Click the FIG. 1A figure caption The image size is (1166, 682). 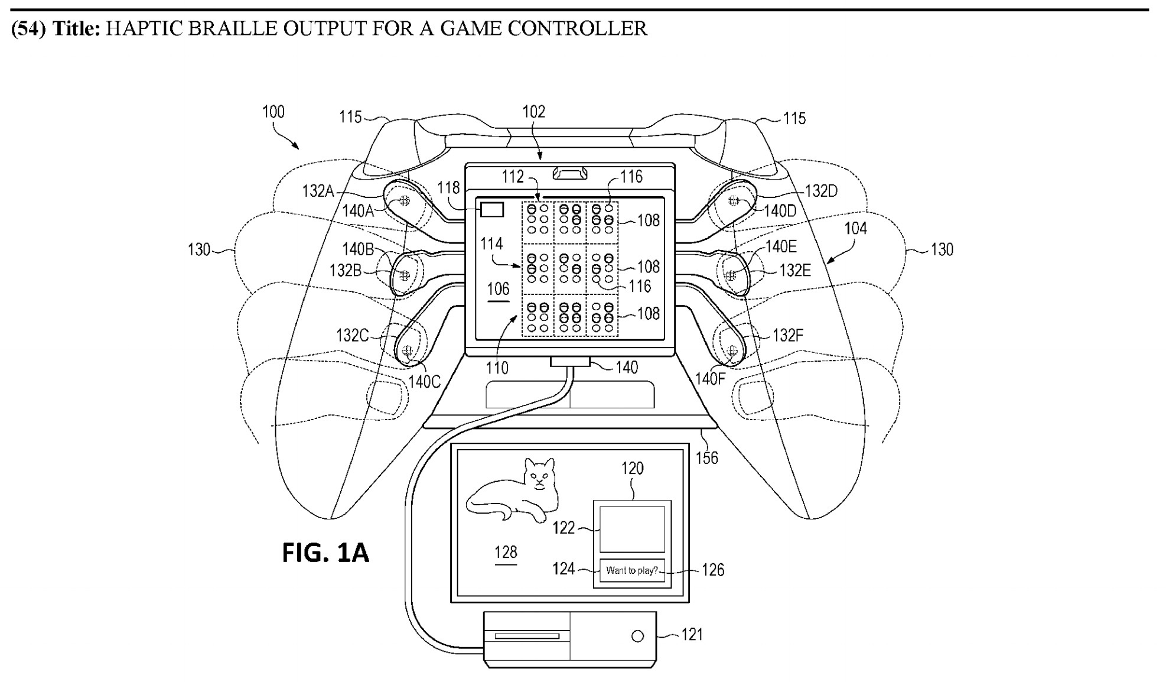coord(325,553)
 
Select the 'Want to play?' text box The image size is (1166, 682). coord(632,570)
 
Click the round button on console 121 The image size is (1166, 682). coord(637,636)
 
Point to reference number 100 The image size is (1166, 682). coord(273,112)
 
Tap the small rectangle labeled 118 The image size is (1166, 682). coord(492,210)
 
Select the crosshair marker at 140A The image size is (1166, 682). coord(405,200)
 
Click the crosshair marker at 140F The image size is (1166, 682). coord(732,350)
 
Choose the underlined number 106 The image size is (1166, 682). coord(498,289)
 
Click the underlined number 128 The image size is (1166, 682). coord(506,552)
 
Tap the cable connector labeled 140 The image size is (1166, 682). coord(570,362)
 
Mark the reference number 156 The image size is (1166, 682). coord(706,457)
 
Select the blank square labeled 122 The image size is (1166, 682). coord(632,529)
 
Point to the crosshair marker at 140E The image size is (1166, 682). coord(731,275)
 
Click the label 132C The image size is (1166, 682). coord(352,335)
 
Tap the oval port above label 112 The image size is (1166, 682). coord(570,173)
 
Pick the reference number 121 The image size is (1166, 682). coord(692,635)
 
